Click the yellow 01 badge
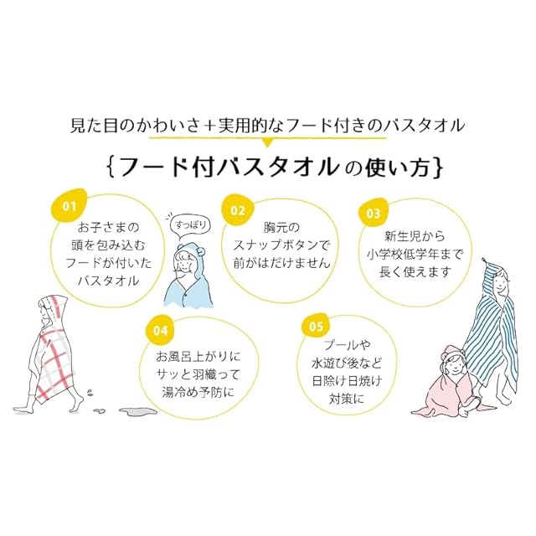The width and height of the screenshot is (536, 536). (70, 204)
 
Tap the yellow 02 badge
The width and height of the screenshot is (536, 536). (237, 211)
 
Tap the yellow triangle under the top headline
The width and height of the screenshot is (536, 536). (267, 143)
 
